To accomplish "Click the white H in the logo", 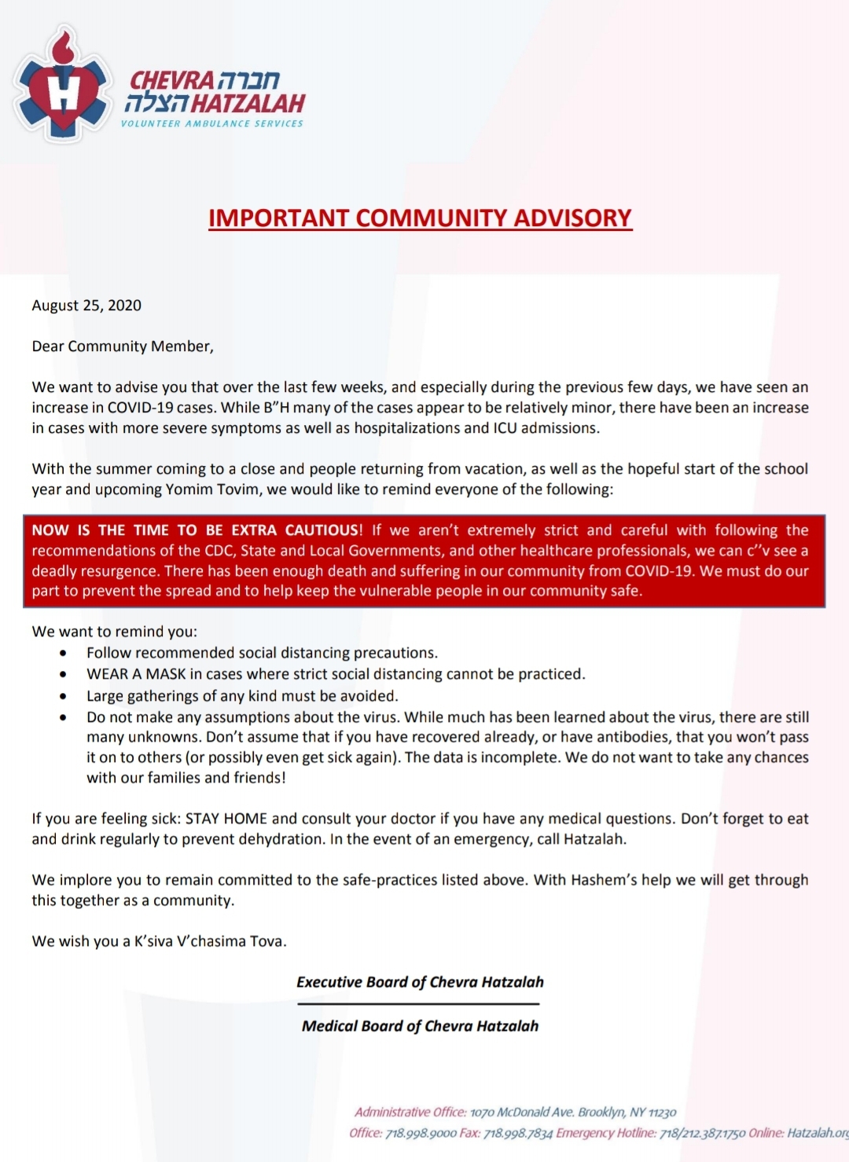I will pos(63,92).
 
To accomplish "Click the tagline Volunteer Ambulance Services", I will pos(211,123).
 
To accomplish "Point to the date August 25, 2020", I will pos(86,306).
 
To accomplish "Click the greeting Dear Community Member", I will pos(123,346).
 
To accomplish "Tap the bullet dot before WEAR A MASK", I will pos(63,674).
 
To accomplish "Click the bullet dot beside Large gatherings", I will pos(63,696).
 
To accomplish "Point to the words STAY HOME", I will pos(226,819).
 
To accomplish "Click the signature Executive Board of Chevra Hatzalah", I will pos(420,982).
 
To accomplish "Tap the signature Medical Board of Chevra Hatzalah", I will pos(420,1026).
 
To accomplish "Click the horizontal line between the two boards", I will pos(418,1004).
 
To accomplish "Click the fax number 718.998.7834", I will pos(518,1133).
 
